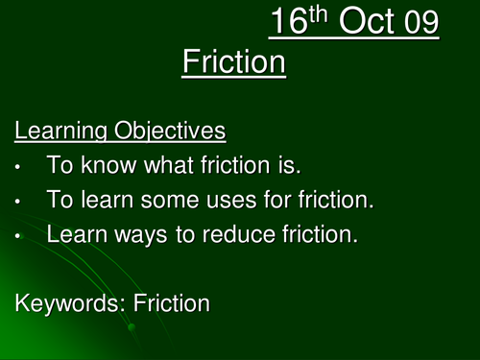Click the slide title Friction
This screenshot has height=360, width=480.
[x=233, y=63]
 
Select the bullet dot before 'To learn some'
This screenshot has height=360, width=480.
[x=19, y=201]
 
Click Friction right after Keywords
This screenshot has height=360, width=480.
[x=172, y=303]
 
